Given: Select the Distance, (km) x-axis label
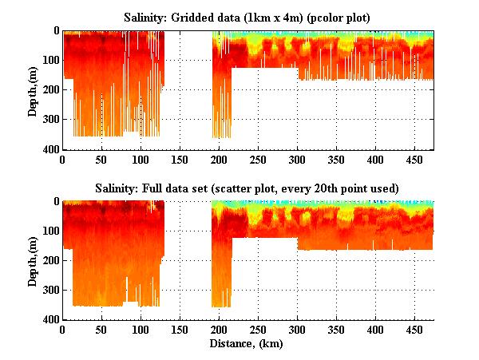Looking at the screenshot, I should pos(247,343).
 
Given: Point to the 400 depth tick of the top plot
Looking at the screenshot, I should pos(50,149).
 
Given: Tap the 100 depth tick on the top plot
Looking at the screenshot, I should pos(50,61).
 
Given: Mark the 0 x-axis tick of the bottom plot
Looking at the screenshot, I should pos(62,329).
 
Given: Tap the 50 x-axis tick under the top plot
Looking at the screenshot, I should pos(101,159).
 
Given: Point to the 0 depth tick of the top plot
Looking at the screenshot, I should pos(55,31).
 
